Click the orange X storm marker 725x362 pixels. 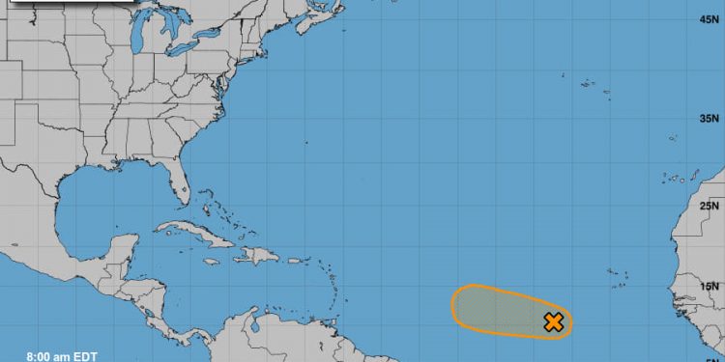[553, 321]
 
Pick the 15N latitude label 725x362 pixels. [712, 286]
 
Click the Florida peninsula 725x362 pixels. [180, 183]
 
